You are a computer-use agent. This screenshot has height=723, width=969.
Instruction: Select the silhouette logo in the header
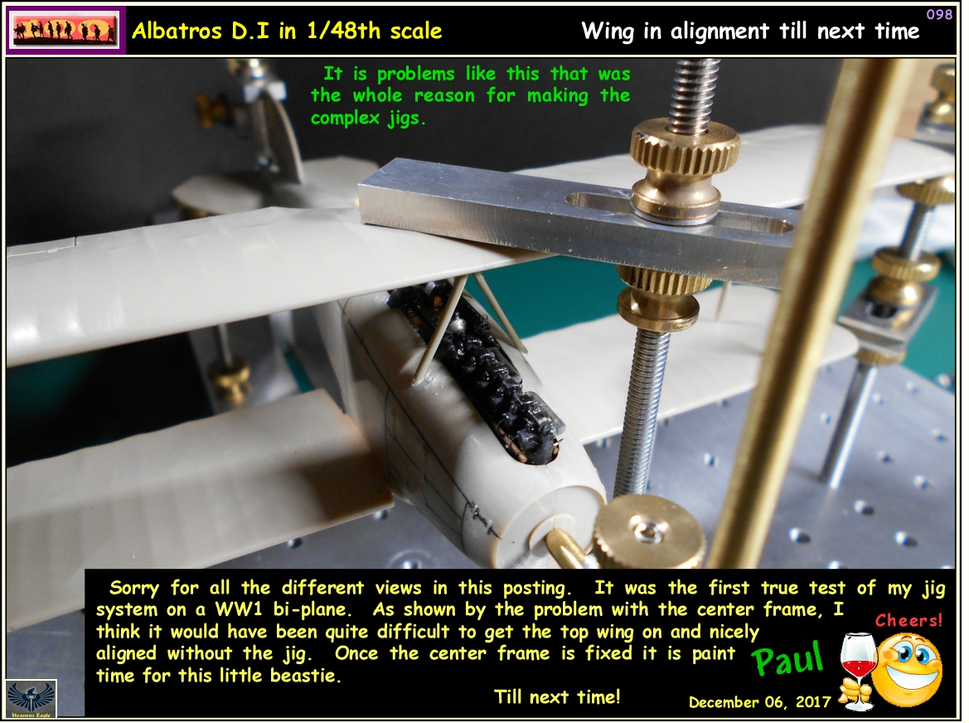65,31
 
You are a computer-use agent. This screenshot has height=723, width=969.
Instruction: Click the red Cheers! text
909,620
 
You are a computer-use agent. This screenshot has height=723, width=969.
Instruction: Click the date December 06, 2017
759,702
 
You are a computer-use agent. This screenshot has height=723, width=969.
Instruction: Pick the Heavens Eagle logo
31,699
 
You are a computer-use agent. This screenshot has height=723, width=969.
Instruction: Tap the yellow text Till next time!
556,696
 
